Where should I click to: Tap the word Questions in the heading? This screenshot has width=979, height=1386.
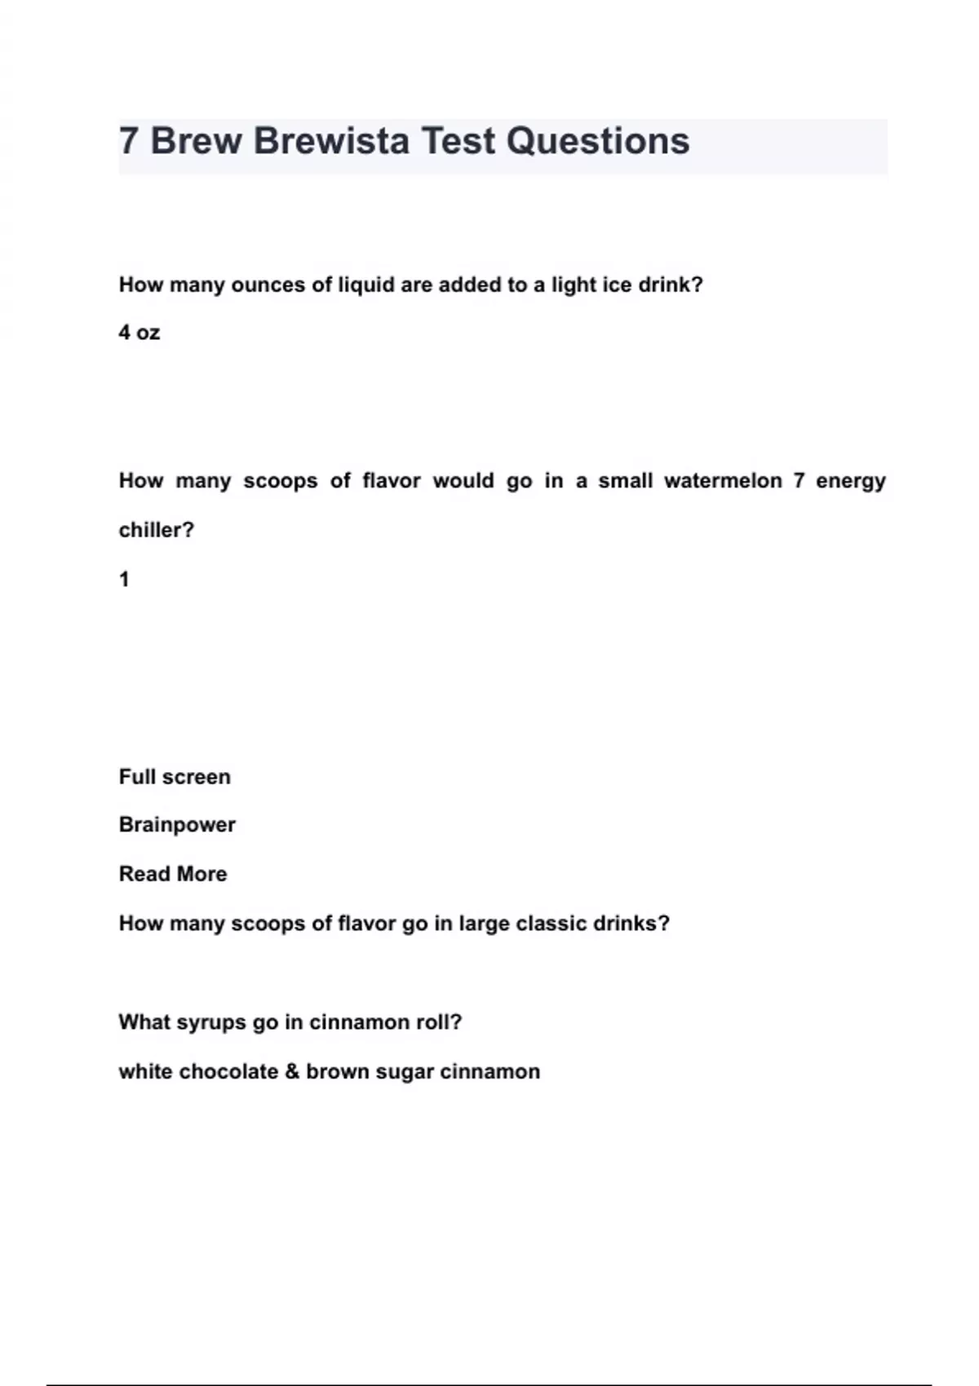598,141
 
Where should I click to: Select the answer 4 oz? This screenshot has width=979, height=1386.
140,333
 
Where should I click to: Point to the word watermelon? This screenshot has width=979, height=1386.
723,480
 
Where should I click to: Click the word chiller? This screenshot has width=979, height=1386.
157,530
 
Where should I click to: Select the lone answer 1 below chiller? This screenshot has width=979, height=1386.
124,580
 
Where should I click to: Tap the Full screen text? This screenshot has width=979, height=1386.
175,776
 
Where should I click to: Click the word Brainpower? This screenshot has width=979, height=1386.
177,824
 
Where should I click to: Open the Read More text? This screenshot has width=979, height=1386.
173,874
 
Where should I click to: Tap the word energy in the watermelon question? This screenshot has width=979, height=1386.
850,481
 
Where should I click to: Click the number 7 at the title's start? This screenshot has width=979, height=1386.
128,141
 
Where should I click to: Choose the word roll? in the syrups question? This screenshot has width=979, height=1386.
439,1022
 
